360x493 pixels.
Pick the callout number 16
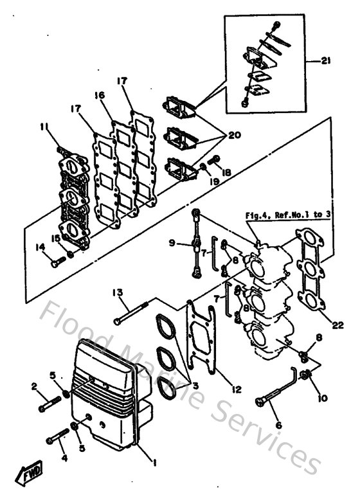[99, 94]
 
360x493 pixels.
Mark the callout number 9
[172, 242]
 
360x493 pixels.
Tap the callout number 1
[152, 462]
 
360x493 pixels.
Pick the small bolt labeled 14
[56, 262]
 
